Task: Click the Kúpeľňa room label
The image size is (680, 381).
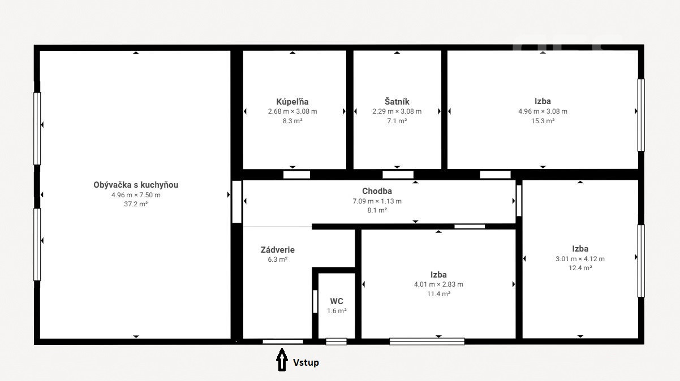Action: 292,102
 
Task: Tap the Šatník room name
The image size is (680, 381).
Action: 397,102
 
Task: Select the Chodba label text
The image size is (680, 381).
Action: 377,191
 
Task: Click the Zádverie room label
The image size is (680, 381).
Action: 277,250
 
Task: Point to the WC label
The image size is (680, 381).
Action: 337,301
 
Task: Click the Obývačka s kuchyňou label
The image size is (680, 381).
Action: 136,185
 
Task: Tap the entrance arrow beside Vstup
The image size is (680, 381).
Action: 282,360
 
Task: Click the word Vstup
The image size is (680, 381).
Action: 305,362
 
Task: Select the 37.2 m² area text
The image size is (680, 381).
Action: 136,204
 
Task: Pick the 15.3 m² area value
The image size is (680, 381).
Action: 543,121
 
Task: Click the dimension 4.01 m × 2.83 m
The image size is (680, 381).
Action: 438,284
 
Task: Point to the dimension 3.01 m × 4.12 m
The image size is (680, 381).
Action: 580,259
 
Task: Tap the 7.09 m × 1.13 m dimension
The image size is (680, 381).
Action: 377,201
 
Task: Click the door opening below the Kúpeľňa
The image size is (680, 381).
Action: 296,175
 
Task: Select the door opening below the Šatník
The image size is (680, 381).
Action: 398,175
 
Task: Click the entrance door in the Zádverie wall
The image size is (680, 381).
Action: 283,341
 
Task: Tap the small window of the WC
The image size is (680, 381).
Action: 337,341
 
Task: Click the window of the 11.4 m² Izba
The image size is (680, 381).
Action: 427,341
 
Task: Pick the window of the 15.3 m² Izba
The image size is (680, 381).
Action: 641,115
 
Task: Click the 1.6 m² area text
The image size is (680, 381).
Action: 337,311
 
